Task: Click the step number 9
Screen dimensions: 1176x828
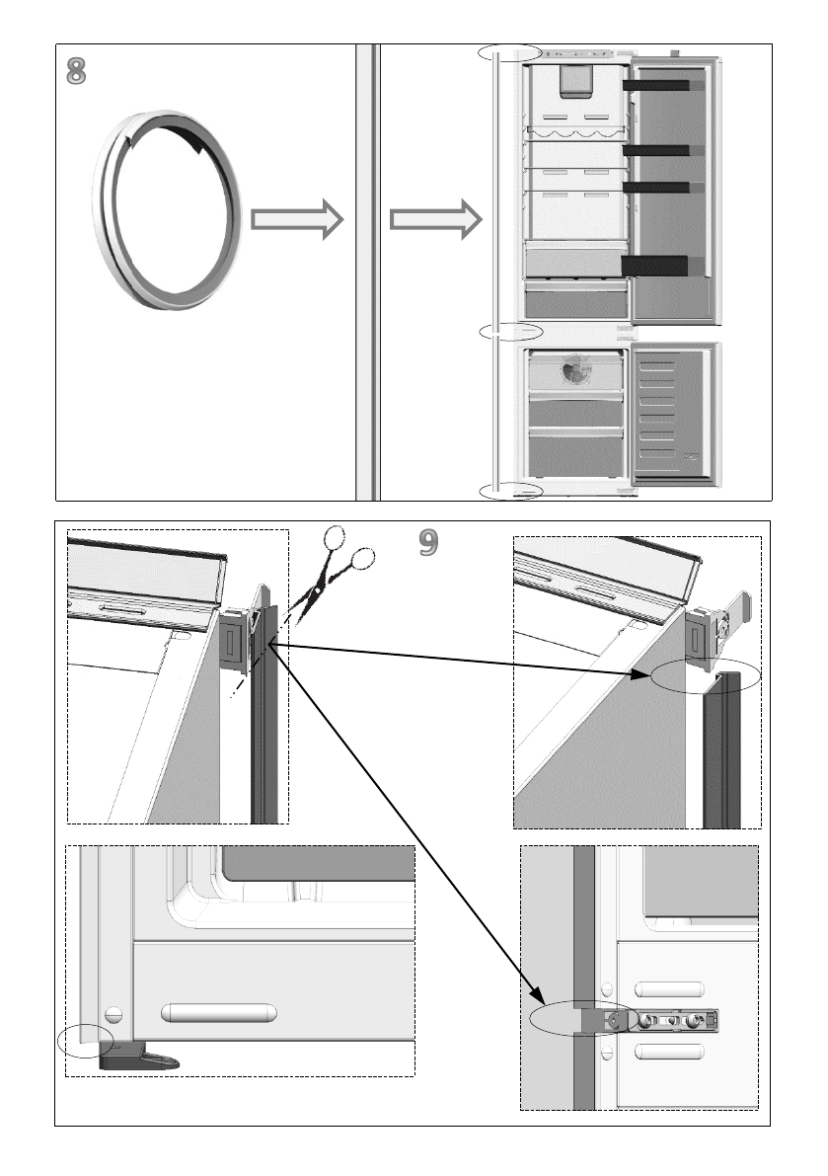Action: [427, 541]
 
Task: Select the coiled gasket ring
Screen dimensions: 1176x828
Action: [166, 210]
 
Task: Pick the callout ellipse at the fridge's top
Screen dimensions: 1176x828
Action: [509, 51]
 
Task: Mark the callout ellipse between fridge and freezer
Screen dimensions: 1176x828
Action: [510, 331]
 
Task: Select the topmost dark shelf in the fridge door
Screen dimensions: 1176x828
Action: [656, 86]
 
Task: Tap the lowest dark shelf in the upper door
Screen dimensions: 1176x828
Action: [654, 265]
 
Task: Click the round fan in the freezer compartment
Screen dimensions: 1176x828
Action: [572, 371]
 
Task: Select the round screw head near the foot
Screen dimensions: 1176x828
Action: [113, 1015]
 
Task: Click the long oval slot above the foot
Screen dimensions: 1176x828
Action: [219, 1013]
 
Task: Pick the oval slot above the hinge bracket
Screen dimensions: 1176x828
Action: [670, 989]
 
